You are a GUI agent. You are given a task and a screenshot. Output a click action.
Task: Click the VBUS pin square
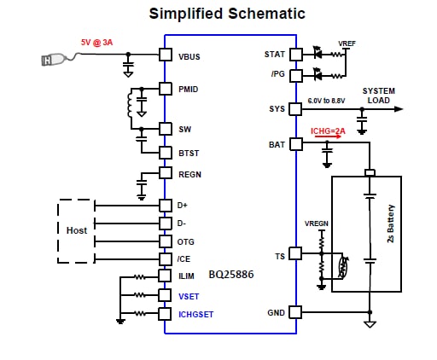point(166,55)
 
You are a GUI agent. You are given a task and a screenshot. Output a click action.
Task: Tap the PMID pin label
point(188,90)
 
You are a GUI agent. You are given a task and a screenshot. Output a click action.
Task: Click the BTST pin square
point(166,153)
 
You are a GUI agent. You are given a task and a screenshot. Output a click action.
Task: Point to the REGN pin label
point(189,174)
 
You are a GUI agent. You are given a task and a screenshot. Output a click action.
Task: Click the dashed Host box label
point(77,230)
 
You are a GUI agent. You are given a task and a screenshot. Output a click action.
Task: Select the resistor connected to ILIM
point(140,276)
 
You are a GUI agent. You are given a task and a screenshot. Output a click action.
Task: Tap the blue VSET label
point(189,297)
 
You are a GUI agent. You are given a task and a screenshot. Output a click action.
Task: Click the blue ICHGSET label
point(195,315)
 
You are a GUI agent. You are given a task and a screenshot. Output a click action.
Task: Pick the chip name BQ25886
point(231,275)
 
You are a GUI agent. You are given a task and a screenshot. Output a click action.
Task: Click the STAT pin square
point(296,54)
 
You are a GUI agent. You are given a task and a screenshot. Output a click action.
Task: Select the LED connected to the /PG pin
point(318,74)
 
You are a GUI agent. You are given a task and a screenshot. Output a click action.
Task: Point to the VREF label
point(347,44)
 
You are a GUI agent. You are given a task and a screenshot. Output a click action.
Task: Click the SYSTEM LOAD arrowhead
point(399,109)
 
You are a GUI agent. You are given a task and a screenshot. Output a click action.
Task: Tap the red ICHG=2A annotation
point(328,131)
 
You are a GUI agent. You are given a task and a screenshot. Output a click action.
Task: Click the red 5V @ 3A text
point(96,43)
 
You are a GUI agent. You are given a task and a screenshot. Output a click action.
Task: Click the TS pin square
point(295,253)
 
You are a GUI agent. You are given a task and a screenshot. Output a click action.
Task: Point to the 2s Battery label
point(391,224)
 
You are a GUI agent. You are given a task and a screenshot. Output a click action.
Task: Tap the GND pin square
point(295,312)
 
